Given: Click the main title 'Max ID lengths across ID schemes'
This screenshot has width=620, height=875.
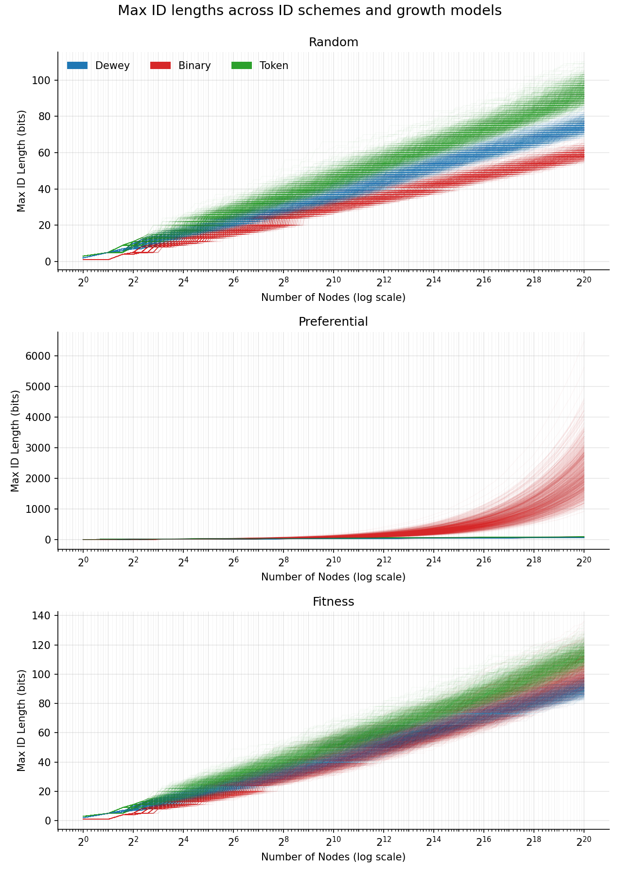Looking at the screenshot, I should tap(309, 11).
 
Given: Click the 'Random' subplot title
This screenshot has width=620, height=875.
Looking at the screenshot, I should tap(333, 42).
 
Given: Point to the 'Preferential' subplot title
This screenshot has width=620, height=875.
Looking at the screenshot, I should tap(333, 322).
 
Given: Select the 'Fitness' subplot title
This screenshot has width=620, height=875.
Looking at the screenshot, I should tap(333, 602).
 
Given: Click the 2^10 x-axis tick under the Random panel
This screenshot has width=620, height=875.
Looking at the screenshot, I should tap(333, 282).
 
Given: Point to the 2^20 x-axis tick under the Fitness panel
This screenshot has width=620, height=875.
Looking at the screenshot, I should tap(584, 841).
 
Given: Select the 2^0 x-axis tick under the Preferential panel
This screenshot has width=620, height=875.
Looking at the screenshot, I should tap(83, 561).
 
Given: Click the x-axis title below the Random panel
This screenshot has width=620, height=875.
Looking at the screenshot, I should tap(333, 297).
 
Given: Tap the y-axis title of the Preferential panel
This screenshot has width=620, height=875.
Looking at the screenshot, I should tap(15, 440).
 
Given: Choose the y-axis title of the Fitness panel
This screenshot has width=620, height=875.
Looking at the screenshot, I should tap(21, 720).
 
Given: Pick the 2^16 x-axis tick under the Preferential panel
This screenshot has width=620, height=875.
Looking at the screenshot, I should tap(483, 561).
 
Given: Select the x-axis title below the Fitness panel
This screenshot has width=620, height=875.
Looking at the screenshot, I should tap(333, 857).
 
